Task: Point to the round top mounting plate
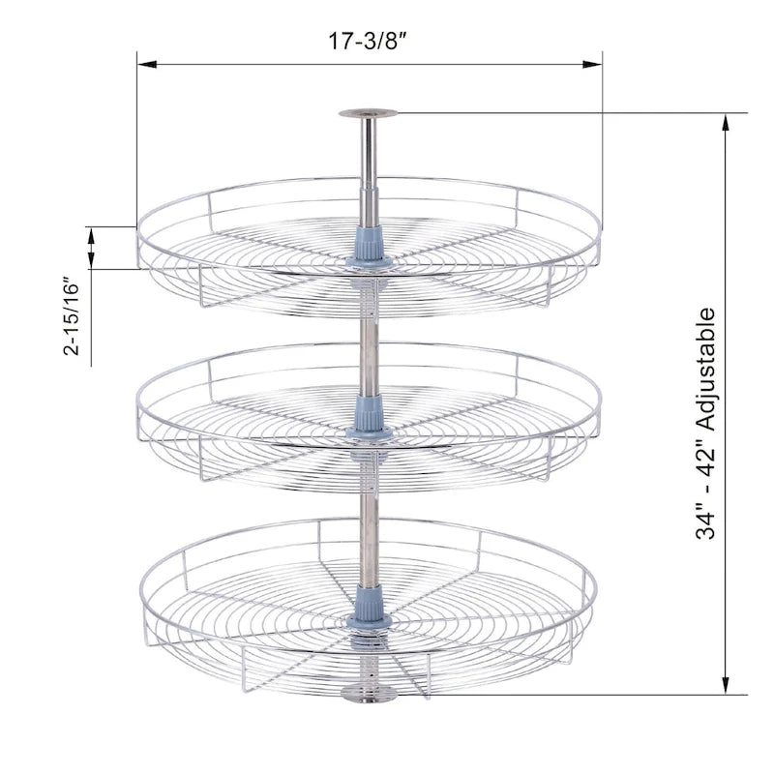point(368,113)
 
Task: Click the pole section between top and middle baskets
point(368,339)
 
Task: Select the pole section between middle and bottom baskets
point(368,522)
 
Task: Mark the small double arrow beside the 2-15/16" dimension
point(91,248)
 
